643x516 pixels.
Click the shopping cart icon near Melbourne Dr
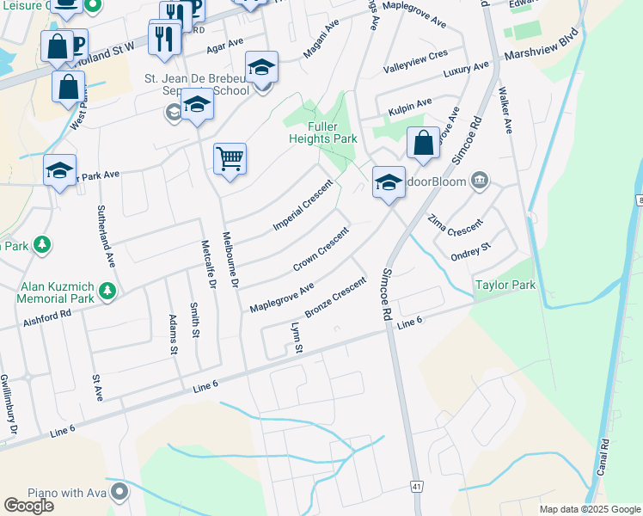point(230,158)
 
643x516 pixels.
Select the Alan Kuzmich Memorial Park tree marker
point(107,292)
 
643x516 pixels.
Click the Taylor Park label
point(505,285)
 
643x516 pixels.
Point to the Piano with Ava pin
point(119,493)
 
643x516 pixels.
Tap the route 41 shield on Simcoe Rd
point(416,487)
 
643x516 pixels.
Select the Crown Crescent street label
point(321,248)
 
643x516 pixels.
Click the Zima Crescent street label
point(455,226)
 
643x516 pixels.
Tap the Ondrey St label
point(470,252)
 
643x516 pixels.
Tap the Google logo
point(28,505)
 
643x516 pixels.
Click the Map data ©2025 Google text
point(589,509)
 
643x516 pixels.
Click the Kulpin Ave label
point(409,105)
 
